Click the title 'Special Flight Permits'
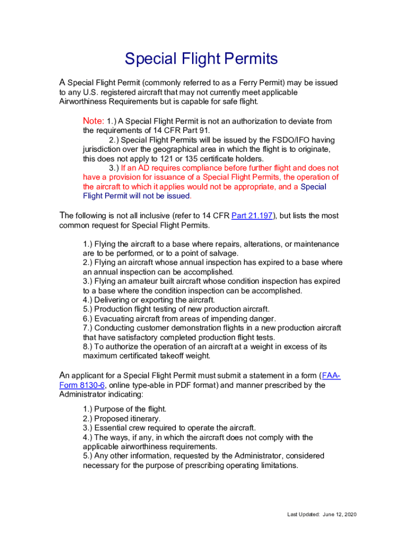click(x=201, y=59)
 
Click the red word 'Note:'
click(x=94, y=121)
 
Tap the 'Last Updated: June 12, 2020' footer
click(x=322, y=515)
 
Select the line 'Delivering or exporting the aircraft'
click(x=149, y=300)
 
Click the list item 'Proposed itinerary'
click(x=121, y=419)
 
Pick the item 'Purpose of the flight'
click(x=125, y=409)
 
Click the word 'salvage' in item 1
click(x=224, y=253)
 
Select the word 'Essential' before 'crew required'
click(x=110, y=428)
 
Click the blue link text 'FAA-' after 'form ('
click(x=331, y=376)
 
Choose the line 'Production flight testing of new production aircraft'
click(x=176, y=309)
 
